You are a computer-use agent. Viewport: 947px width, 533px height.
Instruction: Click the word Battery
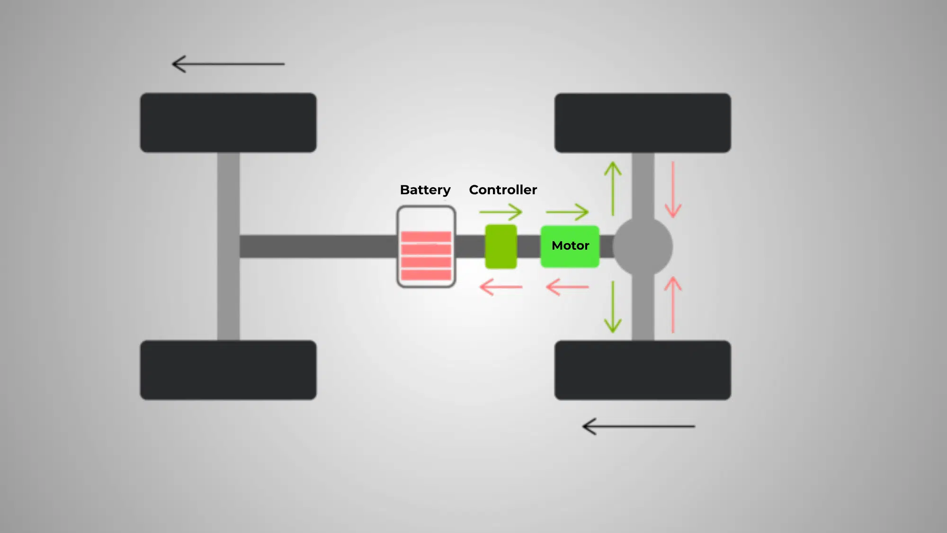[x=425, y=190]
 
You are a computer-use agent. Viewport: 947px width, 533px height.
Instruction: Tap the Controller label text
[x=503, y=190]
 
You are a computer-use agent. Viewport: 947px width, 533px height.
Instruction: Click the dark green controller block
[x=500, y=247]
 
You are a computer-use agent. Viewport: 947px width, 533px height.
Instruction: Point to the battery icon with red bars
[x=426, y=247]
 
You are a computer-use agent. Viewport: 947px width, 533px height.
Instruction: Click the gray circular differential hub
[x=643, y=246]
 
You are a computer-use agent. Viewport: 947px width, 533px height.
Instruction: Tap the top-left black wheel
[x=228, y=123]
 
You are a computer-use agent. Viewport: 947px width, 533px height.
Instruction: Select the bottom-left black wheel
[x=228, y=370]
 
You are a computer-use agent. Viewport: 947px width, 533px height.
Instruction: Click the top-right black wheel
[x=643, y=123]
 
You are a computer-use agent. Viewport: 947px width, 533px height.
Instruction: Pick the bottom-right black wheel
[x=643, y=370]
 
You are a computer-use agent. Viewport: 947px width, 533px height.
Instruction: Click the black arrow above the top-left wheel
[x=228, y=64]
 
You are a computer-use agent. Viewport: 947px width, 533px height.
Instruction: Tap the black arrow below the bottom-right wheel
[x=638, y=426]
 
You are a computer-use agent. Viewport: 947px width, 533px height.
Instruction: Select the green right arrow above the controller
[x=501, y=212]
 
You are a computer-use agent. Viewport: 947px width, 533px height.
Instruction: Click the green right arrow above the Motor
[x=567, y=212]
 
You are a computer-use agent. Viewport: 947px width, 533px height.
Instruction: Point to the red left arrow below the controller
[x=501, y=287]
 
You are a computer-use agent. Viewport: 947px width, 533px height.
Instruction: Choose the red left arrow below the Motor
[x=567, y=287]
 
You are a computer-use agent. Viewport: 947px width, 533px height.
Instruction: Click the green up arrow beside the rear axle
[x=613, y=189]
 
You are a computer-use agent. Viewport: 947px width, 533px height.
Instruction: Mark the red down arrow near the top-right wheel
[x=673, y=190]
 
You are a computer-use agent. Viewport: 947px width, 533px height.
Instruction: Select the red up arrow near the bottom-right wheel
[x=673, y=305]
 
